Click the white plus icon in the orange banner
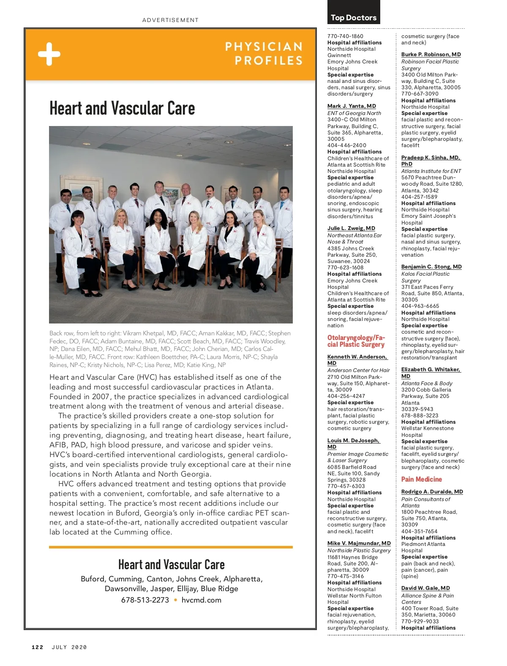pyautogui.click(x=49, y=54)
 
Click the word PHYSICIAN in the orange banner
pyautogui.click(x=264, y=47)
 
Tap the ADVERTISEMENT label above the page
pyautogui.click(x=170, y=20)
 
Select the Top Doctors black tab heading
pyautogui.click(x=354, y=17)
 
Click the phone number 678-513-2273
pyautogui.click(x=145, y=600)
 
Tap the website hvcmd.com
pyautogui.click(x=201, y=600)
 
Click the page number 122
pyautogui.click(x=37, y=647)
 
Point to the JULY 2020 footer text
pyautogui.click(x=69, y=647)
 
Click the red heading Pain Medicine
pyautogui.click(x=421, y=479)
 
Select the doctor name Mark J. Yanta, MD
pyautogui.click(x=352, y=106)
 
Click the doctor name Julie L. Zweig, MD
pyautogui.click(x=351, y=228)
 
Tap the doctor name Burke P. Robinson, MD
pyautogui.click(x=431, y=55)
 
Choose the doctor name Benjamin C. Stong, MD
pyautogui.click(x=431, y=267)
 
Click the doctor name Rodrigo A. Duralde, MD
pyautogui.click(x=432, y=492)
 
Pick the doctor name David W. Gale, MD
pyautogui.click(x=425, y=588)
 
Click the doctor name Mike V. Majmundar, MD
pyautogui.click(x=359, y=543)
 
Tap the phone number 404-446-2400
pyautogui.click(x=346, y=145)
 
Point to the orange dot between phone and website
pyautogui.click(x=175, y=600)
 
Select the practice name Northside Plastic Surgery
pyautogui.click(x=359, y=551)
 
